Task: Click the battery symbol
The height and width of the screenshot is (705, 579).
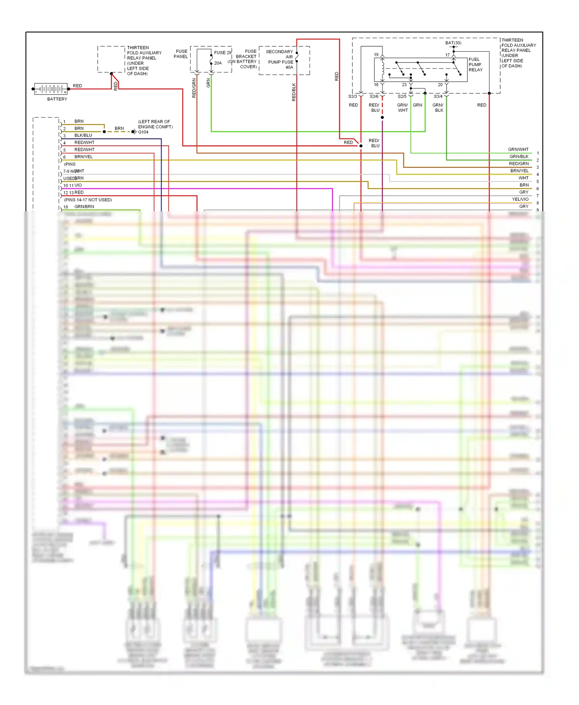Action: coord(51,89)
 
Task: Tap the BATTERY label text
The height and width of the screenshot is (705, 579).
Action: coord(57,99)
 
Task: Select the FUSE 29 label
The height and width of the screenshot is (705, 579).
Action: coord(222,52)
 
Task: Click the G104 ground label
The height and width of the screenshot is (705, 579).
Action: coord(143,132)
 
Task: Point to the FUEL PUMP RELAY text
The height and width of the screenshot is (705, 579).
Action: coord(475,65)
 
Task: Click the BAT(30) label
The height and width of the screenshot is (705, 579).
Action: coord(453,43)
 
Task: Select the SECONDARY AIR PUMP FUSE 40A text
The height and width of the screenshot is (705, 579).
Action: coord(280,59)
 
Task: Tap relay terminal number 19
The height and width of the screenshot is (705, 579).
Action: coord(376,55)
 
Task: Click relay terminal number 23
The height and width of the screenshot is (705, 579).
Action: coord(404,85)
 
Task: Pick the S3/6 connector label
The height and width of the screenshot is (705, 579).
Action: coord(374,96)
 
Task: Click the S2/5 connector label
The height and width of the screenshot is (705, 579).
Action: coord(402,96)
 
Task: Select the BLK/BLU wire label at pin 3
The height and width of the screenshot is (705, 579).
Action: coord(83,135)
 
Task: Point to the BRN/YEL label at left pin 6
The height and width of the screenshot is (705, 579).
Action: coord(83,157)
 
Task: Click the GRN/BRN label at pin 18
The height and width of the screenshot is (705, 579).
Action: coord(84,207)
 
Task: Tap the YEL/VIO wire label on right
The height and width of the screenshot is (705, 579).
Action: coord(520,199)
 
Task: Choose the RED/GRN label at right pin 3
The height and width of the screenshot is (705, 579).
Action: coord(518,164)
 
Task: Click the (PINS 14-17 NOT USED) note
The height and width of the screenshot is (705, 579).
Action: coord(88,200)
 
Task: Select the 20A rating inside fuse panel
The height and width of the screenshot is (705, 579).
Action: coord(218,63)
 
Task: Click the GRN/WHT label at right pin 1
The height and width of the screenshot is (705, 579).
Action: coord(518,149)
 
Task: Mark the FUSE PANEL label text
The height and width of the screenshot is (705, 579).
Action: coord(181,54)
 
